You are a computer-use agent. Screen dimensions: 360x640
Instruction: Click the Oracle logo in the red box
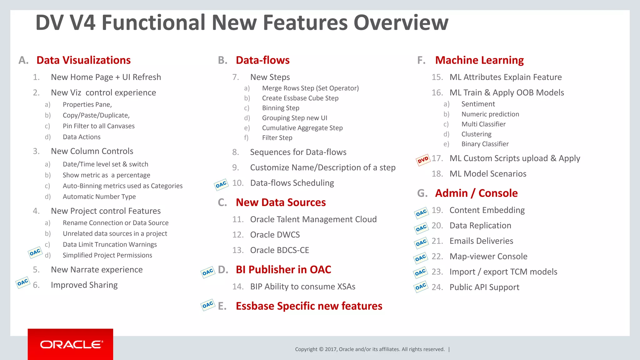tap(71, 344)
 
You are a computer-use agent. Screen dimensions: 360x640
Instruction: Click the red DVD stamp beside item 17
tap(423, 160)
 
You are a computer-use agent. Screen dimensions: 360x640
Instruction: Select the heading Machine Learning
tap(479, 60)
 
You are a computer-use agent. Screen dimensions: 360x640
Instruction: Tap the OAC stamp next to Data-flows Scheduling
tap(221, 185)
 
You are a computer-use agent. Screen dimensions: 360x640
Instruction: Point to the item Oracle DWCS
tap(275, 235)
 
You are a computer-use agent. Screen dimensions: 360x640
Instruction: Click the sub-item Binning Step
tap(280, 108)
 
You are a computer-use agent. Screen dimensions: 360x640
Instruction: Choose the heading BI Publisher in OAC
tap(283, 269)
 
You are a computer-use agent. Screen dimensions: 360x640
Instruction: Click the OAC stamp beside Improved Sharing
tap(22, 282)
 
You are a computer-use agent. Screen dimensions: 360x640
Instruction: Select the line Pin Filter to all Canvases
tap(98, 126)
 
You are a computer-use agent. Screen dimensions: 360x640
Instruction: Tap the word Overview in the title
tap(401, 22)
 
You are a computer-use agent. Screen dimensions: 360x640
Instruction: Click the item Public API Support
tap(484, 287)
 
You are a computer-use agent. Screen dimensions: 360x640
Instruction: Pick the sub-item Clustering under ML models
tap(476, 134)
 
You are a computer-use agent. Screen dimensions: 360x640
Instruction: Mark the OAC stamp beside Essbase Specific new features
tap(207, 305)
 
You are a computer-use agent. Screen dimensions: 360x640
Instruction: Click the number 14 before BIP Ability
tap(237, 287)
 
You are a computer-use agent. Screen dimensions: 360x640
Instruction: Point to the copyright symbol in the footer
tap(321, 349)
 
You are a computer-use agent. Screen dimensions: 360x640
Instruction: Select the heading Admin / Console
tap(476, 193)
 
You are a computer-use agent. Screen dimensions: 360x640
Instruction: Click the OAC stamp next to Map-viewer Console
tap(420, 258)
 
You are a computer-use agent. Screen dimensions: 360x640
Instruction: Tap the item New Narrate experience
tap(97, 270)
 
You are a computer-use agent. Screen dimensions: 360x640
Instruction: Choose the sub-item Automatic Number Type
tap(99, 197)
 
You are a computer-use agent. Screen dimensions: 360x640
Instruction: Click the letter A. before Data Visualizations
tap(23, 60)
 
